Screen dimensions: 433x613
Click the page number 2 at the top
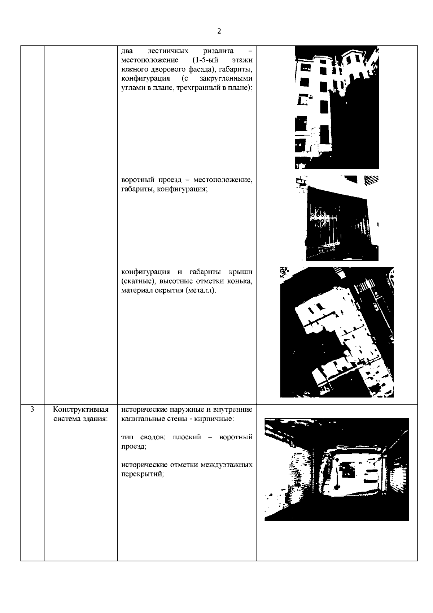[219, 31]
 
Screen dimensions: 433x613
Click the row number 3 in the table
[32, 409]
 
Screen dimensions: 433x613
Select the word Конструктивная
[80, 410]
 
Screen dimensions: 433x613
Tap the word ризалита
[218, 51]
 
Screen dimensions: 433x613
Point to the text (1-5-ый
[205, 60]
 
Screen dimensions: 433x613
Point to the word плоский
[187, 437]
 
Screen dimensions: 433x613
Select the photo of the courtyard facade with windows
[337, 107]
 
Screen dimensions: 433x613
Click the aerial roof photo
[337, 332]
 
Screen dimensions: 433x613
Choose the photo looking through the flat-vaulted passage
[337, 469]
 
